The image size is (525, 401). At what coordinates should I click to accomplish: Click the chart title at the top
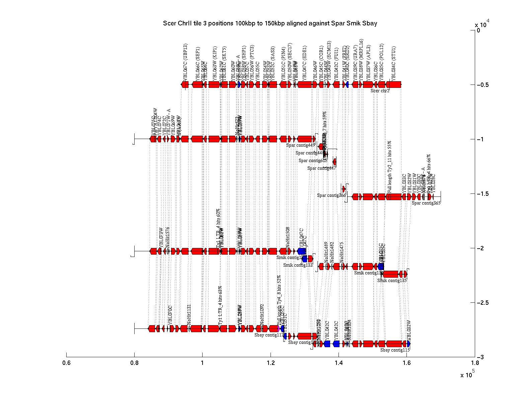pos(270,23)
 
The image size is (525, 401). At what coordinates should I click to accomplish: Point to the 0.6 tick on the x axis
pos(66,363)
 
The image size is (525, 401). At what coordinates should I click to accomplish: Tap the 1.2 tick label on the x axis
pos(270,363)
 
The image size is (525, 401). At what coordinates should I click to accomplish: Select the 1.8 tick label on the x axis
pos(474,363)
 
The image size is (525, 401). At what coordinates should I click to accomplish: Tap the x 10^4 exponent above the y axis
pos(482,24)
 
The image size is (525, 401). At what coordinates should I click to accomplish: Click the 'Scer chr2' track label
pos(380,91)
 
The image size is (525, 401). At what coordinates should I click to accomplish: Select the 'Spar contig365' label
pos(426,203)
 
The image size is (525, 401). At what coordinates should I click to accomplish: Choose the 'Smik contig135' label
pos(392,281)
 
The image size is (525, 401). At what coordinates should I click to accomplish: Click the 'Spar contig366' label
pos(331,195)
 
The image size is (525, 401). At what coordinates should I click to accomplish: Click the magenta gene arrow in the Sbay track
pos(278,329)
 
